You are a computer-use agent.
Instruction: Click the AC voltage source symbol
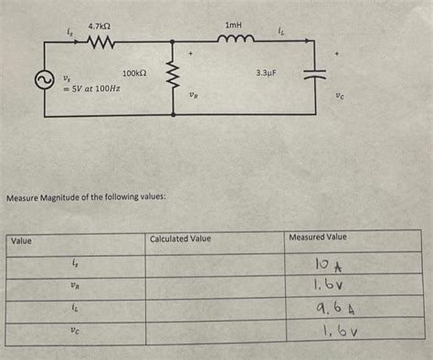tap(42, 81)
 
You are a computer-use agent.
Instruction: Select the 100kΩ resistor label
tap(135, 73)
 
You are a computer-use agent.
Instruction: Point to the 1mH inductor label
tap(233, 26)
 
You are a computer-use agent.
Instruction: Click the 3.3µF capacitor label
tap(266, 71)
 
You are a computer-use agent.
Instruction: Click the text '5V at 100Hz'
tap(91, 89)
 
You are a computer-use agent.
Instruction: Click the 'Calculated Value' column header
tap(180, 239)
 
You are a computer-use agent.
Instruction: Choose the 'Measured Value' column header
tap(318, 238)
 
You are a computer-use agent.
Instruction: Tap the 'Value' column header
tap(21, 240)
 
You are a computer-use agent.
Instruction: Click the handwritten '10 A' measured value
tap(324, 266)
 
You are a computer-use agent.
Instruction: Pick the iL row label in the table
tap(75, 309)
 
